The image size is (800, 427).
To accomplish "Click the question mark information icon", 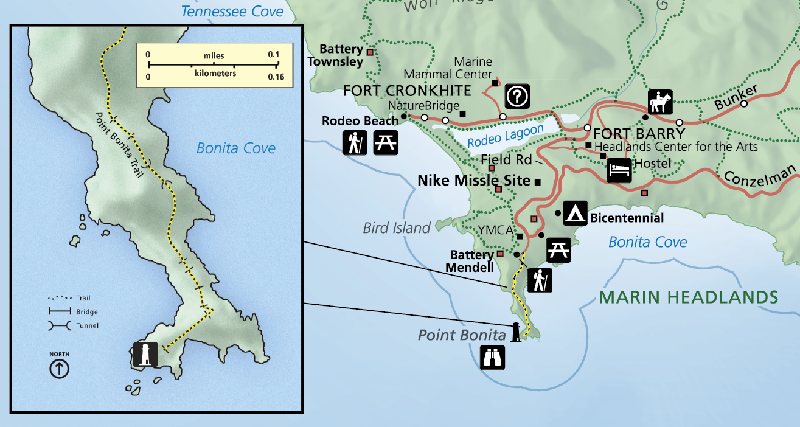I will [x=518, y=95].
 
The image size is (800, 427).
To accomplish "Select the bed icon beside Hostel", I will [x=619, y=171].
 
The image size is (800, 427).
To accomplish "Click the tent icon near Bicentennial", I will [x=575, y=212].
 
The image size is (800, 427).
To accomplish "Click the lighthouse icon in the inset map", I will [x=145, y=353].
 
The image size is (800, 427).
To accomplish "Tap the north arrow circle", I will [x=60, y=368].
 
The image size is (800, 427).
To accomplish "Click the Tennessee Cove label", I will [x=232, y=12].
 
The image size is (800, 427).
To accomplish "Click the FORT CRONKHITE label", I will [x=407, y=91].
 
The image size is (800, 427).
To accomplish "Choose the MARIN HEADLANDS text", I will [x=688, y=297].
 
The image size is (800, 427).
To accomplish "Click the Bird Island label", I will [x=397, y=228].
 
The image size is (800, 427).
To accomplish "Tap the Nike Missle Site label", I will [x=473, y=181].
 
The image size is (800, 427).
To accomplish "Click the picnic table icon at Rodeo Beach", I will [x=385, y=143].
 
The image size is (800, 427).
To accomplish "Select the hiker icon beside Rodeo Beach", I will [x=354, y=143].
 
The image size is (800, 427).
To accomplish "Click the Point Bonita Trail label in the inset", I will [x=119, y=144].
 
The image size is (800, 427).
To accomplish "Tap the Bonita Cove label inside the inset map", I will [x=236, y=148].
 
